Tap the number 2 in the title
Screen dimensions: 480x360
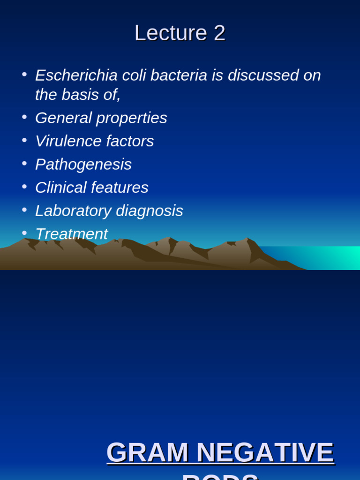point(219,33)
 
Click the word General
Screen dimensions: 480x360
point(63,118)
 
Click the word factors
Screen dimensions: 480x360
point(130,141)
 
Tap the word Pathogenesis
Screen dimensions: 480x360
point(83,165)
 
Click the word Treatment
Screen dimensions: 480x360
point(71,234)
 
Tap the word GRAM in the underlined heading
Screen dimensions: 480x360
point(147,452)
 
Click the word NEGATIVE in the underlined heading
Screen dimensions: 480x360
point(265,452)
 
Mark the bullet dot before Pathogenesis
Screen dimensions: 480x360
point(24,163)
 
